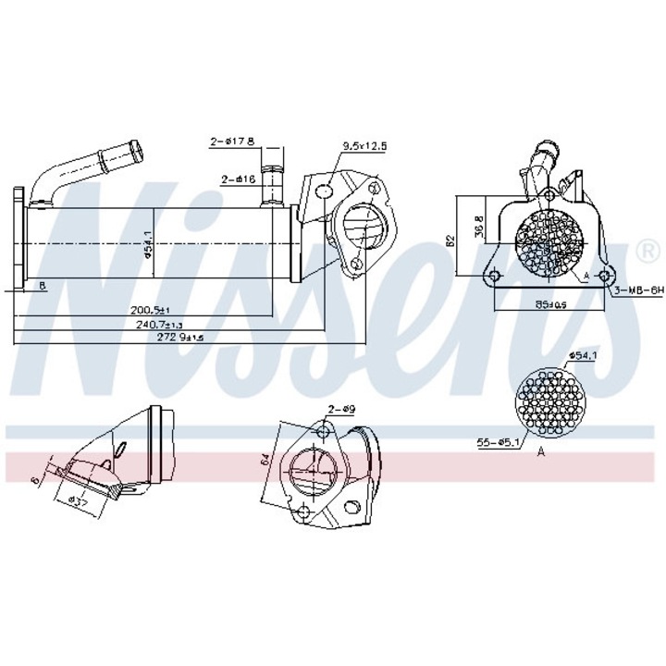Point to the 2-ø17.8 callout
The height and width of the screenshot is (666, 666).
(x=231, y=142)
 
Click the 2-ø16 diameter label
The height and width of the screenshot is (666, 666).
(x=238, y=179)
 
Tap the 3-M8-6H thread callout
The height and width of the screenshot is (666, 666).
(x=639, y=290)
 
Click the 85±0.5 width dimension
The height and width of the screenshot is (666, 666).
(x=550, y=302)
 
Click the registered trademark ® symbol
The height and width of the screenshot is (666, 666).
(x=649, y=250)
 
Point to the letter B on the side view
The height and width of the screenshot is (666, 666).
(x=43, y=286)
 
